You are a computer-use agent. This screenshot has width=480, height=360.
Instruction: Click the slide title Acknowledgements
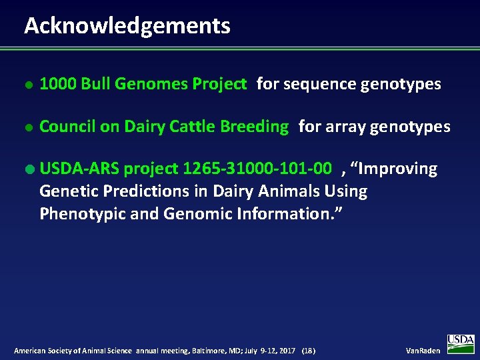[x=127, y=25]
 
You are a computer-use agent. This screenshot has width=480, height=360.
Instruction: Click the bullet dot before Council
[x=27, y=127]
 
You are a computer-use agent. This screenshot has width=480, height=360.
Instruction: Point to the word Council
[x=67, y=127]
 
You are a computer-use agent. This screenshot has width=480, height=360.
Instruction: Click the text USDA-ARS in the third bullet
[x=79, y=169]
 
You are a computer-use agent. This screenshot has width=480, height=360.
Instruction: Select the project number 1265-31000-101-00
[x=257, y=169]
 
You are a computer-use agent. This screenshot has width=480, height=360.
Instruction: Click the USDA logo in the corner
[x=460, y=343]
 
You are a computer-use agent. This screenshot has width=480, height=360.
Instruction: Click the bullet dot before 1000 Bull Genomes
[x=27, y=85]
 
